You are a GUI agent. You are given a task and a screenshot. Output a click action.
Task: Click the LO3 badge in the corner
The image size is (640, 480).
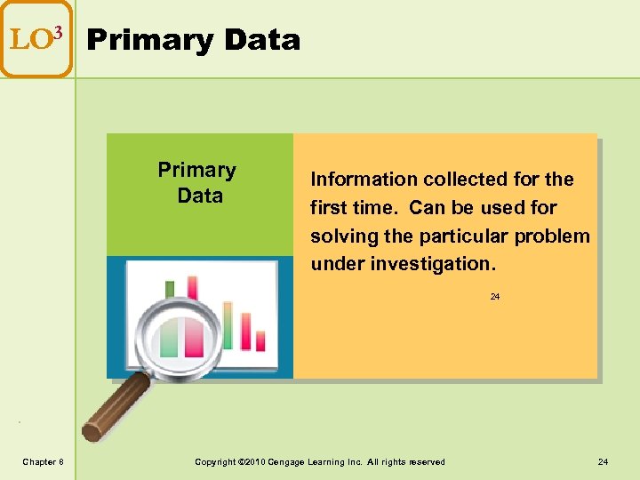pyautogui.click(x=36, y=38)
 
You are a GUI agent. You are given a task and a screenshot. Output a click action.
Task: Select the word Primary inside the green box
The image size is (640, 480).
pyautogui.click(x=196, y=170)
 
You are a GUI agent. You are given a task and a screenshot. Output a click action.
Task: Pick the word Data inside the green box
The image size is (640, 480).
pyautogui.click(x=200, y=196)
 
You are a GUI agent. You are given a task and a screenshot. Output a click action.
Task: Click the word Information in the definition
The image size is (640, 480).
pyautogui.click(x=364, y=180)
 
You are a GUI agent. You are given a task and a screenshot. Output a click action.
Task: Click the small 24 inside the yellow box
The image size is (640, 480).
pyautogui.click(x=495, y=297)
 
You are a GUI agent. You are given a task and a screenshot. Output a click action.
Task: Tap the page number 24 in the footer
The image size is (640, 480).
pyautogui.click(x=603, y=461)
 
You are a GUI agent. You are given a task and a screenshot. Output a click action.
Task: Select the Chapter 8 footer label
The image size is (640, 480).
pyautogui.click(x=43, y=461)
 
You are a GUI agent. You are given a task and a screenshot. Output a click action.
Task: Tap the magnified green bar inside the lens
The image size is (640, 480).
pyautogui.click(x=168, y=337)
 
